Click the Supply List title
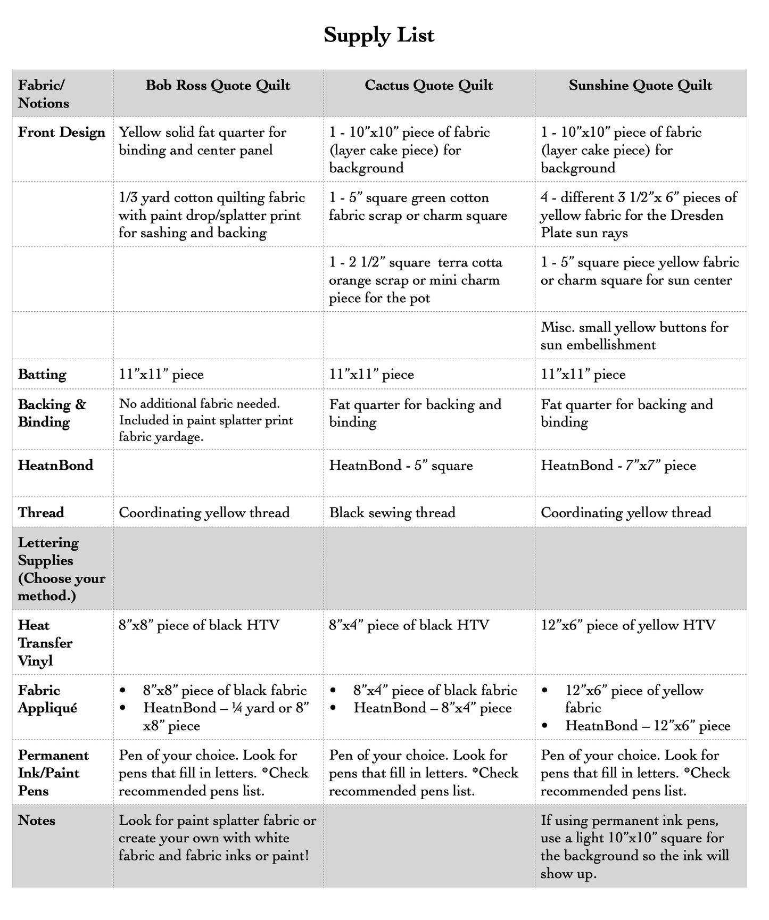tap(379, 35)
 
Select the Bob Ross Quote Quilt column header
tap(218, 86)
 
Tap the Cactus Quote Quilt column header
tap(428, 86)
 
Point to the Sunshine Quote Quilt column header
tap(640, 86)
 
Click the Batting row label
tap(42, 375)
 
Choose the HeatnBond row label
tap(55, 466)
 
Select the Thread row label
tap(41, 513)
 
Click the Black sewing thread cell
tap(392, 513)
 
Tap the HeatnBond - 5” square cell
tap(401, 466)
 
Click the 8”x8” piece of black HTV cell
tap(199, 625)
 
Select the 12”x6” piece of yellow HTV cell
tap(628, 625)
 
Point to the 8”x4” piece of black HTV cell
tap(409, 625)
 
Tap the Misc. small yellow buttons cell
tap(634, 336)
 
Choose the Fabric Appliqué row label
tap(47, 699)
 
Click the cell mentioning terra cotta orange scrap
tap(415, 280)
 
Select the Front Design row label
tap(62, 132)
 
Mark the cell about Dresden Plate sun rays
tap(639, 215)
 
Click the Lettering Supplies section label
tap(61, 569)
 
